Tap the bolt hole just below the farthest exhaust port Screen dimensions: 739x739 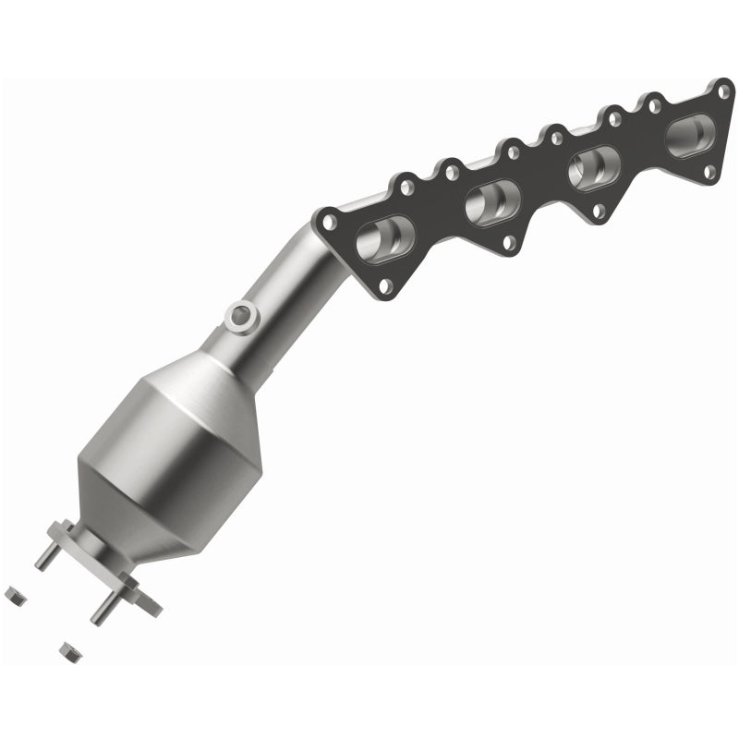pos(707,172)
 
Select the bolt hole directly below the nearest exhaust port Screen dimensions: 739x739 pos(385,285)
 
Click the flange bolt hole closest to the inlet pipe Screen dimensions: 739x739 pos(328,220)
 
